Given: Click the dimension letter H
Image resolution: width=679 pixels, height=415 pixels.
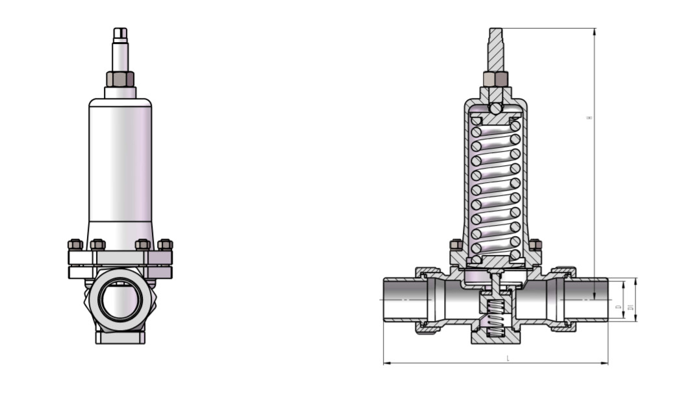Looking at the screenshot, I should pos(589,118).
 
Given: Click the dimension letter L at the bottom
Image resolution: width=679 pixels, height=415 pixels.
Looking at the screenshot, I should pos(508,358).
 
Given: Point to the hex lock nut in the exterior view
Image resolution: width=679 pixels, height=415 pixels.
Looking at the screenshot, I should pos(120,79).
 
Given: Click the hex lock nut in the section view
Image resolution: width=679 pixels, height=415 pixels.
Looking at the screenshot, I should pos(495,79).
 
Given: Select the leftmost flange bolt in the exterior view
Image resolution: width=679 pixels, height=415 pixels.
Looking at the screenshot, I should pos(75,244).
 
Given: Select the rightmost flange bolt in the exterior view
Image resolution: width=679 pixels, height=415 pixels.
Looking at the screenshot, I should pos(166,244).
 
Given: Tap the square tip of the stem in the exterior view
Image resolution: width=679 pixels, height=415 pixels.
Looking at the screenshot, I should pos(120,33).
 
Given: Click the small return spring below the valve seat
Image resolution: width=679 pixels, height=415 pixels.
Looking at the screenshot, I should pos(496,318).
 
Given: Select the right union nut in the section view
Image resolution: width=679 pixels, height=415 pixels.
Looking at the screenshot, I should pos(563,300).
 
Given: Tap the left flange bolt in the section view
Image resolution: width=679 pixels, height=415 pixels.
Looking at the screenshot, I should pos(456,245).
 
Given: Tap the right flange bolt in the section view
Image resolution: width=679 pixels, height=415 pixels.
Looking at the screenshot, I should pos(536,245).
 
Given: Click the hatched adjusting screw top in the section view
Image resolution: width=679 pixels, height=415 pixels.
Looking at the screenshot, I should pos(495,49).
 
